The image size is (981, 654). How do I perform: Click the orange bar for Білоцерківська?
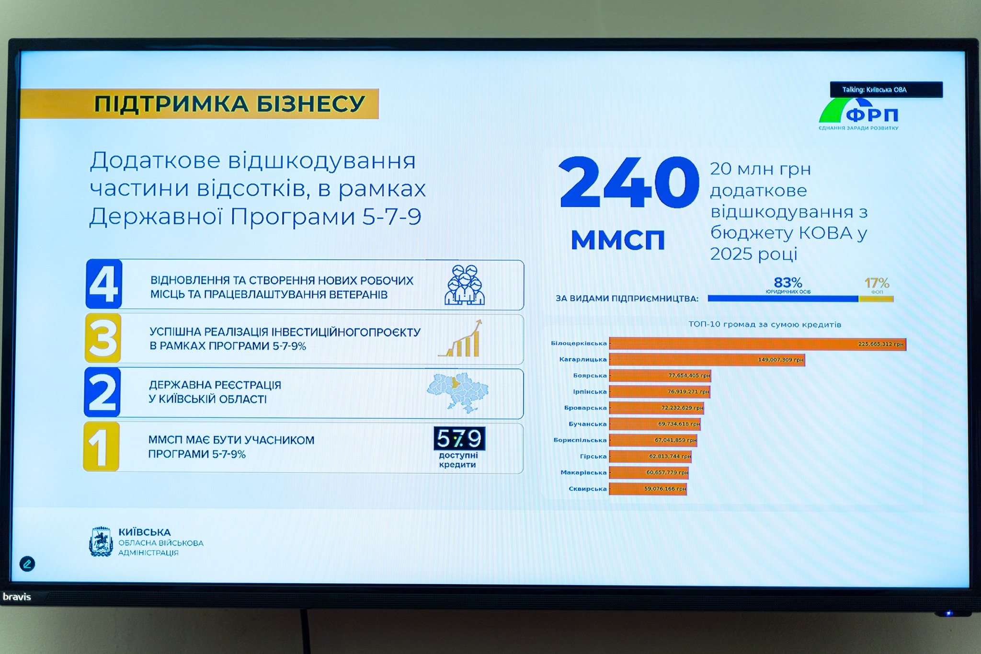click(x=757, y=344)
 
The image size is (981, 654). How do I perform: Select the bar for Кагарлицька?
click(x=707, y=360)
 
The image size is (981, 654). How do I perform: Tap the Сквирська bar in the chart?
click(x=648, y=489)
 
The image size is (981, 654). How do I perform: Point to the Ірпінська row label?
click(x=590, y=392)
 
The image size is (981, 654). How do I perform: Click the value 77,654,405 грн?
click(x=689, y=376)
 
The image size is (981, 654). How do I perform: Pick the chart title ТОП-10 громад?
click(x=764, y=324)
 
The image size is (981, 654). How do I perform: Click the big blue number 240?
click(x=628, y=183)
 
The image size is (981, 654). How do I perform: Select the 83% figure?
click(x=788, y=283)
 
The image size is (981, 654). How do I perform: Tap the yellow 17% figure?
click(x=877, y=283)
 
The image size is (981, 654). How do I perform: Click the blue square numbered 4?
click(x=103, y=284)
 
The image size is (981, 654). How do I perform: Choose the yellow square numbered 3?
click(x=103, y=338)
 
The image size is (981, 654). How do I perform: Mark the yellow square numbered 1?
click(x=101, y=447)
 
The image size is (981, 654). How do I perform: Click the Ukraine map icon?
click(x=457, y=392)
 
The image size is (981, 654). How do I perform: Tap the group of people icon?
click(x=464, y=285)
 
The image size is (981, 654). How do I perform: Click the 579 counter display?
click(x=459, y=438)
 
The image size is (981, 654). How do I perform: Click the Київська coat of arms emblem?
click(x=101, y=542)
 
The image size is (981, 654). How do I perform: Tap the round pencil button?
click(x=27, y=564)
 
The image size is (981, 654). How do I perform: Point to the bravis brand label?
click(x=17, y=597)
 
